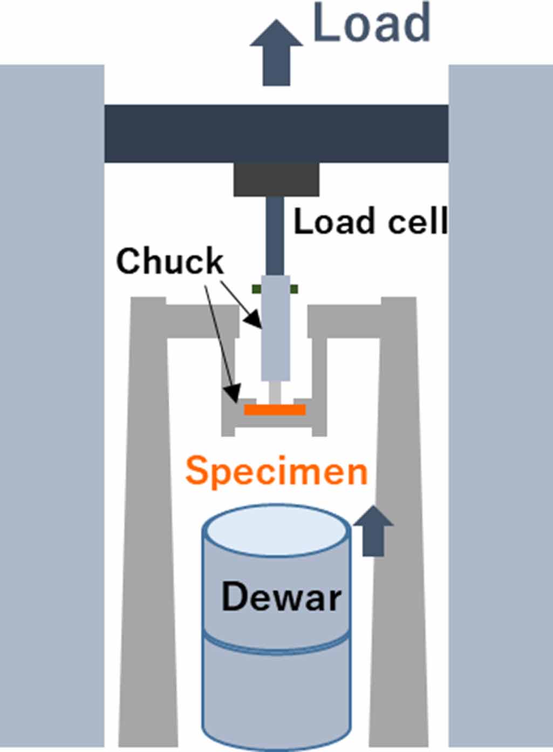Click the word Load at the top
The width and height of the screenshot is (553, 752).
click(x=371, y=24)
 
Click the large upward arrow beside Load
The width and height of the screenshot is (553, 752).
click(x=276, y=54)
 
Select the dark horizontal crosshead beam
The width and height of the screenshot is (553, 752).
click(x=276, y=134)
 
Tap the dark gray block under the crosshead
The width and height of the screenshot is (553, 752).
click(x=276, y=180)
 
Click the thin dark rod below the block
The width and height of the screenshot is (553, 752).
click(x=276, y=235)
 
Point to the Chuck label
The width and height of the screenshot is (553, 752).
click(x=169, y=262)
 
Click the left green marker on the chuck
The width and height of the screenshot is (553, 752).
click(x=257, y=289)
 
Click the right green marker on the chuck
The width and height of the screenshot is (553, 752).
click(x=294, y=289)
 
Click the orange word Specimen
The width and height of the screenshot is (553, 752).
click(x=276, y=471)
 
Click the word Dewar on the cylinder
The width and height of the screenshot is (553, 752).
click(x=282, y=597)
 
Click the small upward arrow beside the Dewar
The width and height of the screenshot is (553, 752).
click(x=373, y=532)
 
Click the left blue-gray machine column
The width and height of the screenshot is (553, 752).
click(x=51, y=405)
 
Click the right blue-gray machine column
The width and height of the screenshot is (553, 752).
click(x=501, y=405)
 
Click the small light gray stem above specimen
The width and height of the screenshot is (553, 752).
click(x=275, y=392)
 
